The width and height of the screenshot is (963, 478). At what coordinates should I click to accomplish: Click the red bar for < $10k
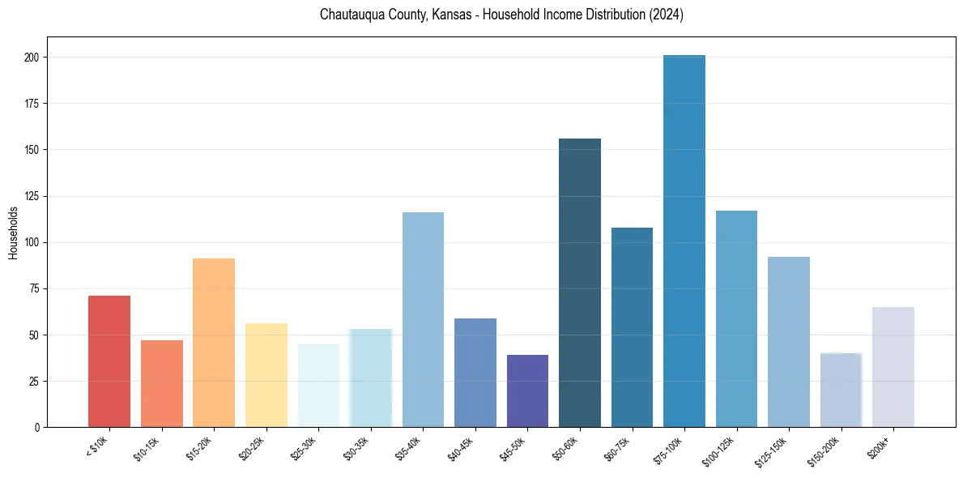point(109,361)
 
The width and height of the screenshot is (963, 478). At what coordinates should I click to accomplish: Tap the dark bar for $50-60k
point(580,283)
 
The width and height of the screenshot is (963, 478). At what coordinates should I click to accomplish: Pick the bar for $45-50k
point(527,391)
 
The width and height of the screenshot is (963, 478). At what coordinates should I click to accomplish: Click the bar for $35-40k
point(423,319)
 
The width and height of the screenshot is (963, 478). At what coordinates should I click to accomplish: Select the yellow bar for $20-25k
point(266,375)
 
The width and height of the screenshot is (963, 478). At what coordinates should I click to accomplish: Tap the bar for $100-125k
point(736,318)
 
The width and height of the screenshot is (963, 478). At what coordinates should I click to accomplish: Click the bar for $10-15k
point(162,383)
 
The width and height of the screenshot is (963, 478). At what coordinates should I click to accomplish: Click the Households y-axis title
point(13,233)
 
